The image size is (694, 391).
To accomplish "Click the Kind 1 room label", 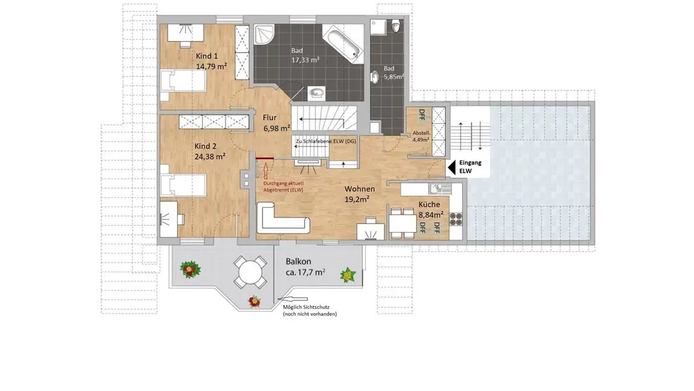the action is coord(207,56).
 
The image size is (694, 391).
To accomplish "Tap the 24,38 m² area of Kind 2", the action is coord(210,156).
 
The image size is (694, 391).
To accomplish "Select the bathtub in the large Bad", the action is coord(343,42).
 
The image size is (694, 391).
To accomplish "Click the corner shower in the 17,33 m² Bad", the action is coord(264,35).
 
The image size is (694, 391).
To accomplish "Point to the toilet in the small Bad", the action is coord(396,26).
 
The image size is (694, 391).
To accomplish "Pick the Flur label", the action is coord(269,117).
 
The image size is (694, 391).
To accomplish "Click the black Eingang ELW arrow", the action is coord(452,167).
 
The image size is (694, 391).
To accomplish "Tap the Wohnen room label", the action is coord(359,189).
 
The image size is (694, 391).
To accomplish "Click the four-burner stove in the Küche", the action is coord(456,218).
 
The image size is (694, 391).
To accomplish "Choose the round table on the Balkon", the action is coord(250,272).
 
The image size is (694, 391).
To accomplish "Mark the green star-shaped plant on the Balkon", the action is coord(348,275).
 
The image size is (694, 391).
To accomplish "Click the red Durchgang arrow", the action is coord(266,170).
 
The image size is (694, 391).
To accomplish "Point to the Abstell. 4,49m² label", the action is coord(421,136).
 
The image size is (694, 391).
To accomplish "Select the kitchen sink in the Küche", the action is coord(439,189).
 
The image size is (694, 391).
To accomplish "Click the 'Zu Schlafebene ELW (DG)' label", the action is coord(325,141).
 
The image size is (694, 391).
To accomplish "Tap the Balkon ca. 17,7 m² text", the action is coord(305,267).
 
